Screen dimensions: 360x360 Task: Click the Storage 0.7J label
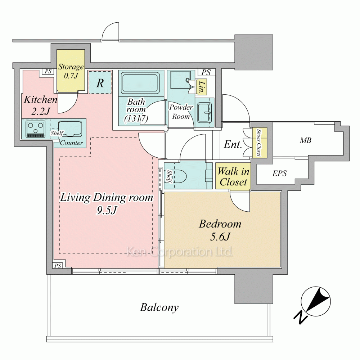[71, 71]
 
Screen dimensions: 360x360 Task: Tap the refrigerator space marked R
[100, 82]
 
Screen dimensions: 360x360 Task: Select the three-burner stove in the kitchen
[36, 129]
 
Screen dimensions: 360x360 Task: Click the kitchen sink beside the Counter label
[70, 129]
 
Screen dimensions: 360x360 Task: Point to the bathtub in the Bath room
[140, 83]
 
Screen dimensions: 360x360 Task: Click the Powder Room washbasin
[204, 112]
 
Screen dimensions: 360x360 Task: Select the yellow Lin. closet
[201, 87]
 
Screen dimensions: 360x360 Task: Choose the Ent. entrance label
[233, 145]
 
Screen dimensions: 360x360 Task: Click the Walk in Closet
[233, 176]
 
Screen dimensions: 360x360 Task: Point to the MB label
[306, 140]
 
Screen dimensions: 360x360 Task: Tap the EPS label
[279, 173]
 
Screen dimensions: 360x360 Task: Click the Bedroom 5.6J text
[220, 230]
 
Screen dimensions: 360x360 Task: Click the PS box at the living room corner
[58, 266]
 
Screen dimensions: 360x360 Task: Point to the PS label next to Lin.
[206, 73]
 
